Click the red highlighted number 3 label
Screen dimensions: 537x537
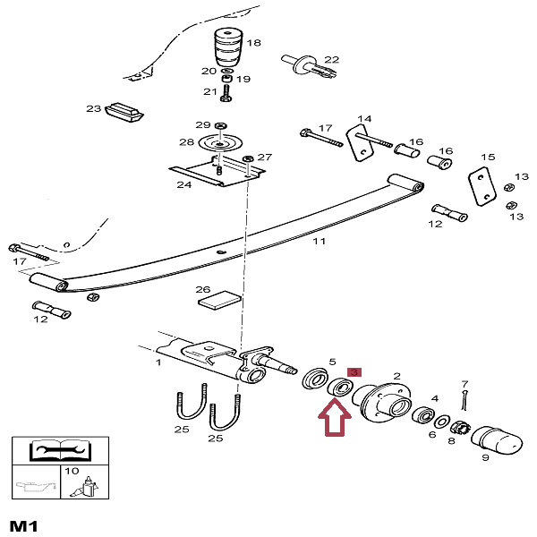354,371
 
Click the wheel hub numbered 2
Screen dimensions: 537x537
379,404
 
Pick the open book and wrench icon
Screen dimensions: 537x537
55,450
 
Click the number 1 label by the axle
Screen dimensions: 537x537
158,362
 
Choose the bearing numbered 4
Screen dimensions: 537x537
424,415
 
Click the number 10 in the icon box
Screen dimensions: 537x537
72,471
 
